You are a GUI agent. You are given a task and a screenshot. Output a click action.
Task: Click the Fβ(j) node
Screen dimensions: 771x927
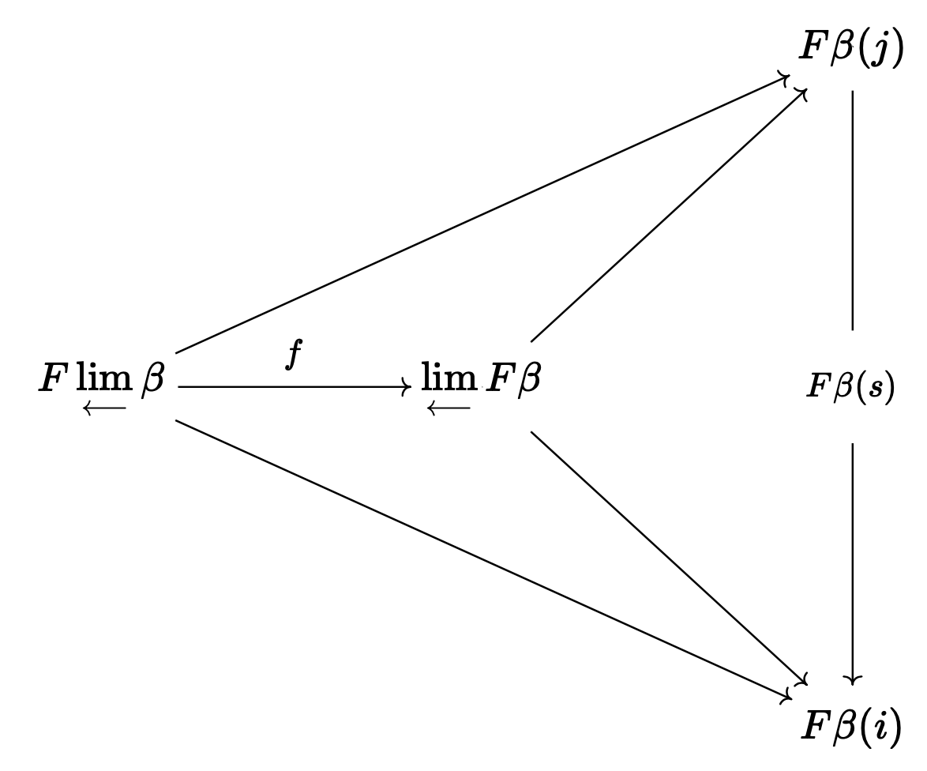click(850, 49)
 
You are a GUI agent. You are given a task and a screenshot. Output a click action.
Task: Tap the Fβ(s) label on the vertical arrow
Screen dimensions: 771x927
click(850, 387)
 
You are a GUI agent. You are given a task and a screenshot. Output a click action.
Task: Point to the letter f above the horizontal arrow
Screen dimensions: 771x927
click(294, 355)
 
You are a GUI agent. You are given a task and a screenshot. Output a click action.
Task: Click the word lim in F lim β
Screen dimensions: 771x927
click(104, 380)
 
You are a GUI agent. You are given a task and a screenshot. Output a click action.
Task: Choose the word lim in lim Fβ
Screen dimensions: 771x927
click(448, 380)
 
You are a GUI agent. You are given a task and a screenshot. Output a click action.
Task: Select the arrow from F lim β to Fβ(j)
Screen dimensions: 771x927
click(482, 214)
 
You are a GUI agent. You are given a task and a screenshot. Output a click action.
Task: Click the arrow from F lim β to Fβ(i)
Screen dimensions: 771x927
click(482, 559)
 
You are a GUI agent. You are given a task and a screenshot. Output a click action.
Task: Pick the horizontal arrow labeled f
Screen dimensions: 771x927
click(292, 387)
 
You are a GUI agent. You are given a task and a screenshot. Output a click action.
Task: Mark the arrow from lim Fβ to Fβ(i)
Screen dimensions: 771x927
click(667, 556)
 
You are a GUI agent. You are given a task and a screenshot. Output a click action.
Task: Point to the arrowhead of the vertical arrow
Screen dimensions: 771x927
click(853, 678)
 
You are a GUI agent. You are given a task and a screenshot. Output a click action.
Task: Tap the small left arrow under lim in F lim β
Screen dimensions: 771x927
click(104, 408)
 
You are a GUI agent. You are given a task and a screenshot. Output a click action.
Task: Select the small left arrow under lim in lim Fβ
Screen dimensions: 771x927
click(448, 408)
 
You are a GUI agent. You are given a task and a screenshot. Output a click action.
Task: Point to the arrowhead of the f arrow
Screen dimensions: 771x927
click(407, 387)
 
